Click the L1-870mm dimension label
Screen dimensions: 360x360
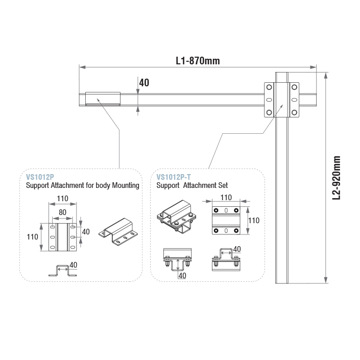(x=198, y=61)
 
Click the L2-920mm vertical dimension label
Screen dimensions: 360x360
(x=337, y=178)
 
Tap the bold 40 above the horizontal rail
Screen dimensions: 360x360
(x=144, y=83)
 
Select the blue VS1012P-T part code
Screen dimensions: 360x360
(x=174, y=177)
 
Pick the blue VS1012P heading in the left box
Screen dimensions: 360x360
(x=40, y=177)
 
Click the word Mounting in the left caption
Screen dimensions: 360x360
(x=126, y=185)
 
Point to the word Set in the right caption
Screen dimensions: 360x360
(x=223, y=185)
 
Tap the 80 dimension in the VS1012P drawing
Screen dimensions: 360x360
(x=62, y=212)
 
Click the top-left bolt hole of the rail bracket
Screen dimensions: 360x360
(x=269, y=87)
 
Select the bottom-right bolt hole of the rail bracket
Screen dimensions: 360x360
(x=294, y=112)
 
